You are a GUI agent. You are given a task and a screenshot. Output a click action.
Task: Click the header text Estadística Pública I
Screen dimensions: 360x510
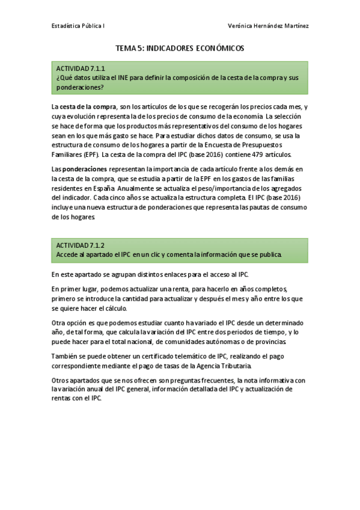pyautogui.click(x=78, y=26)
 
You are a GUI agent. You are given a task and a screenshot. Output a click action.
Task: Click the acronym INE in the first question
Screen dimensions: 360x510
pyautogui.click(x=124, y=78)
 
